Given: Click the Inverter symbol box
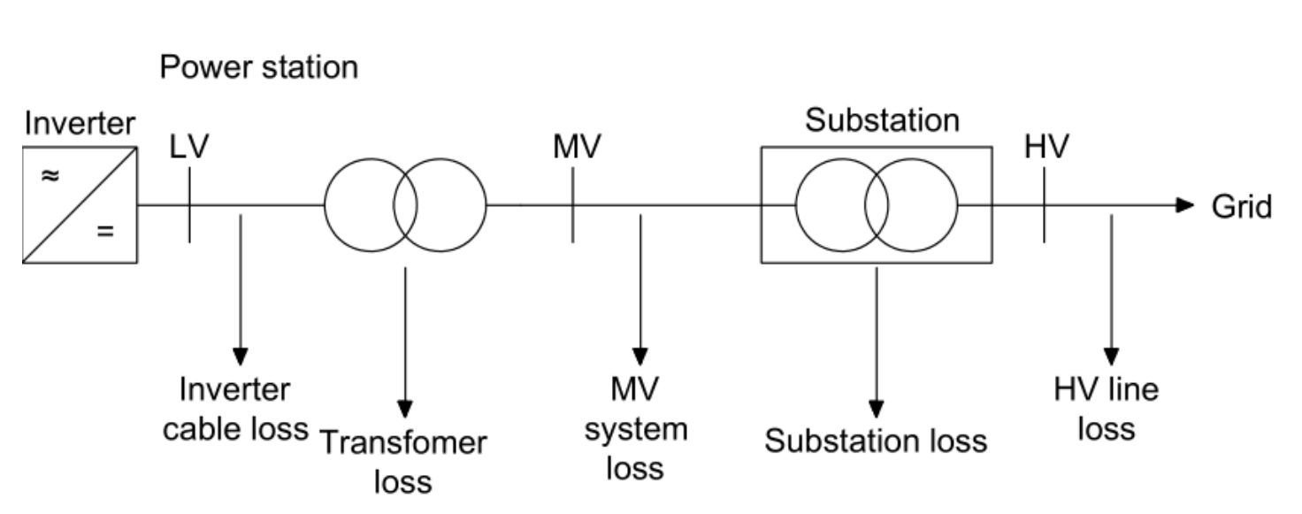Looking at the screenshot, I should click(80, 204).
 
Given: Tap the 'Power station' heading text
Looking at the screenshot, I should click(258, 68).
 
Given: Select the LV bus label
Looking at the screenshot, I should click(188, 148).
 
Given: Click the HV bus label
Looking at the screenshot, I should click(1046, 148).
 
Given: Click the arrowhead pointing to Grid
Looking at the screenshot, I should click(1185, 205).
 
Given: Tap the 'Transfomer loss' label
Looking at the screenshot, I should click(402, 461).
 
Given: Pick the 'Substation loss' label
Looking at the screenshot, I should click(875, 440).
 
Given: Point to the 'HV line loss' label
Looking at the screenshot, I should click(1106, 409).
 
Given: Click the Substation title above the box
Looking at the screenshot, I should click(881, 120).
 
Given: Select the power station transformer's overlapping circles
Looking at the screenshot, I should click(405, 205).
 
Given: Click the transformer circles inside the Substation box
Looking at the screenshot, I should click(876, 205).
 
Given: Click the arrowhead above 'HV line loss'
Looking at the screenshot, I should click(1112, 356).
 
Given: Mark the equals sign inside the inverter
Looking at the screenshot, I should click(105, 234).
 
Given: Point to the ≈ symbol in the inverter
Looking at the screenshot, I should click(51, 175).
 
